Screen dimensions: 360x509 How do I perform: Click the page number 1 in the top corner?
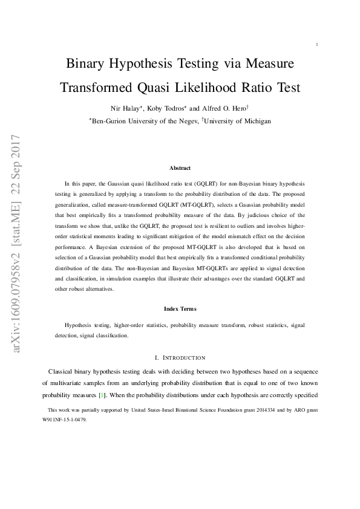point(316,44)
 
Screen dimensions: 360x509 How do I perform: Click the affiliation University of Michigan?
point(238,121)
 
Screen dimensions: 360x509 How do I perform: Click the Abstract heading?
point(180,168)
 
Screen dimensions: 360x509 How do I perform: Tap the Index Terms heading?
point(180,309)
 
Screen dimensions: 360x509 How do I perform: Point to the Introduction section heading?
point(180,357)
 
